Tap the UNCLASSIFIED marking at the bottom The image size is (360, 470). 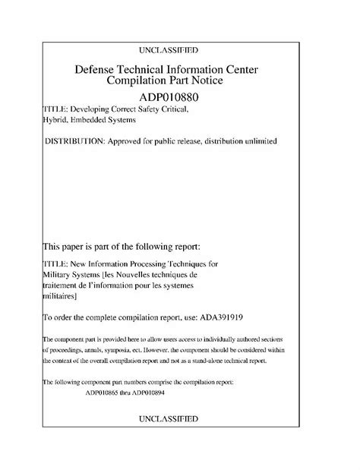pyautogui.click(x=180, y=418)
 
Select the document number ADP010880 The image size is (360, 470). pyautogui.click(x=179, y=98)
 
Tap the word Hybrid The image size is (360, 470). pyautogui.click(x=57, y=123)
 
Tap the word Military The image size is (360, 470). pyautogui.click(x=59, y=275)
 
